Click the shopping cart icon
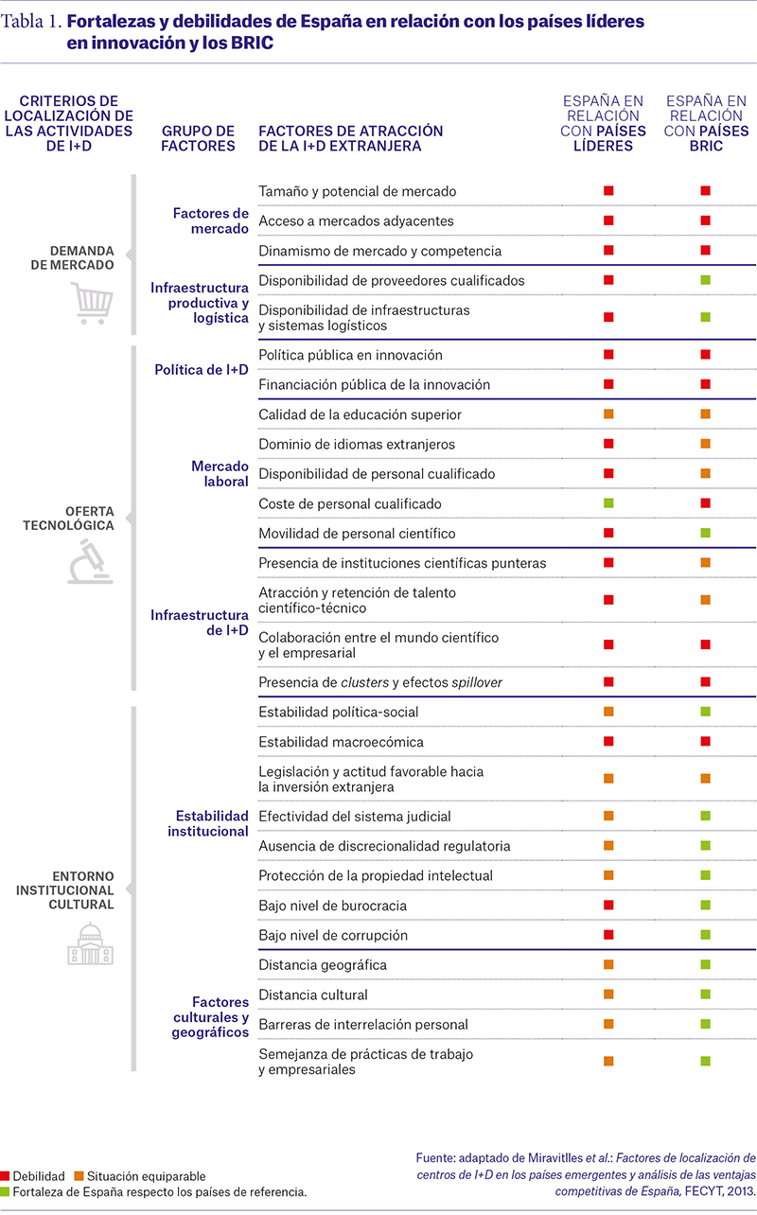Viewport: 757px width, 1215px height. point(92,303)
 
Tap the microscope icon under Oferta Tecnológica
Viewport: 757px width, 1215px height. point(91,561)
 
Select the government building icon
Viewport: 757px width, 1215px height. point(91,943)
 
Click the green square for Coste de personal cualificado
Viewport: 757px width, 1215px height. point(608,503)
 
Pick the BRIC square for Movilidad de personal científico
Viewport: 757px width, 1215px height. point(706,533)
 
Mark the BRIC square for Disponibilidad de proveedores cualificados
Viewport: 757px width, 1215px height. point(706,280)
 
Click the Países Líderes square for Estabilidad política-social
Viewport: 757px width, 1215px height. point(608,712)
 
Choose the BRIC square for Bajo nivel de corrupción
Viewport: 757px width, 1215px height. point(706,935)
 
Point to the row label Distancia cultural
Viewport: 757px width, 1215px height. point(313,995)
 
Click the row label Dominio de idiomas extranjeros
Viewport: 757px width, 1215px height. point(357,444)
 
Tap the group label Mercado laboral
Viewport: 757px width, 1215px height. point(220,473)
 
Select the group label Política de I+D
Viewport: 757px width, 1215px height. point(202,370)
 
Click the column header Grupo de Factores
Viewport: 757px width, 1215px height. point(198,138)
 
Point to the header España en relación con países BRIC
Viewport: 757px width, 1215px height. point(706,123)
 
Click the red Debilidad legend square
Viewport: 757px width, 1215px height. point(5,1175)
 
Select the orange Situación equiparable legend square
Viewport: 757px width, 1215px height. point(79,1175)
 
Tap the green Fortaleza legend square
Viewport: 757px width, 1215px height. point(5,1191)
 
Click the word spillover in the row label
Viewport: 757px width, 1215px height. point(477,682)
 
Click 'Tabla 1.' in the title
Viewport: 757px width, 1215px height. point(31,22)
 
